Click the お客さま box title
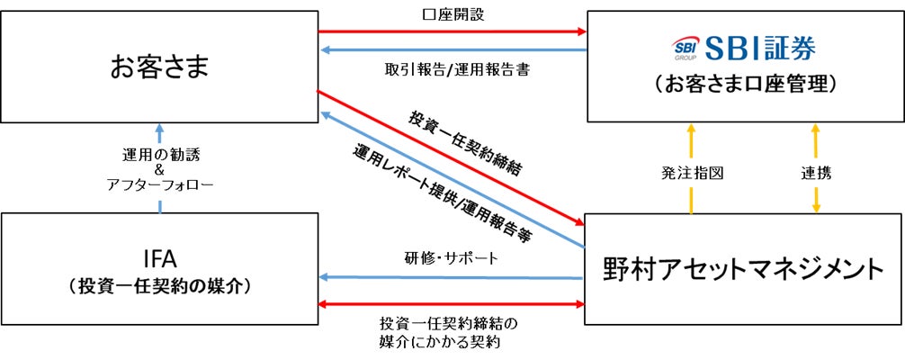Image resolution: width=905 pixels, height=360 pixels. pos(159,67)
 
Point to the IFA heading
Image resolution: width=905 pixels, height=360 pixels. pos(159,259)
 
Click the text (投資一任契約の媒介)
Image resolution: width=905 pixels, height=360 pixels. pos(159,287)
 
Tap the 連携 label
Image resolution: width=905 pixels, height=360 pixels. pos(815,173)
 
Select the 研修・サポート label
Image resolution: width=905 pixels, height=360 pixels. pos(451,258)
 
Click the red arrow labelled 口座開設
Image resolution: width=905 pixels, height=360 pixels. pos(451,32)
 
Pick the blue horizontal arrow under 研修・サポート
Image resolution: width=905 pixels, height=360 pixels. pos(451,277)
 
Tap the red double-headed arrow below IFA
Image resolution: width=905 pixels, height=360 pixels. pos(451,305)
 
